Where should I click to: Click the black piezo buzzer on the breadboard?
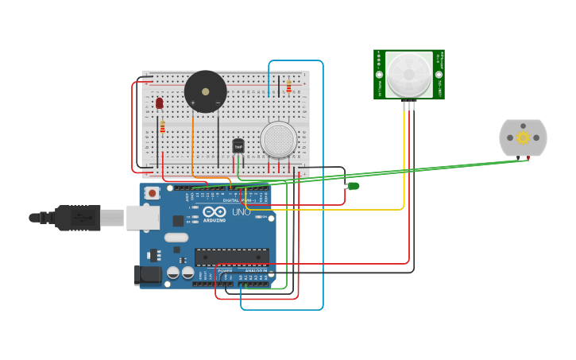point(205,91)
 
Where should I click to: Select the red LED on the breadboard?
point(160,103)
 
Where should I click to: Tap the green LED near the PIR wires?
point(354,186)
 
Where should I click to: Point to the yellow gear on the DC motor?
point(523,137)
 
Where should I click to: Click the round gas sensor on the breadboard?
point(278,140)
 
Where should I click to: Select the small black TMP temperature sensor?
point(238,145)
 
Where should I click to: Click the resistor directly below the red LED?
point(162,127)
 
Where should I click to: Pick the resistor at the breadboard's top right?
point(288,86)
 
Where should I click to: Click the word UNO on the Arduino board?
point(241,212)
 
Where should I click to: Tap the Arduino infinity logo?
point(214,212)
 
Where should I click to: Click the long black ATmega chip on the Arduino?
point(231,257)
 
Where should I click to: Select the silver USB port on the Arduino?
point(142,217)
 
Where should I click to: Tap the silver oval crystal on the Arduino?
point(176,237)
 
